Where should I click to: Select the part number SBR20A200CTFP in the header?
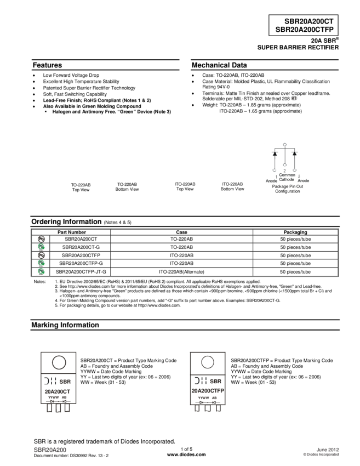click(x=304, y=30)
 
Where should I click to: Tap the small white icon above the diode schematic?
click(x=294, y=98)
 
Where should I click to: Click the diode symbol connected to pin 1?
click(x=275, y=154)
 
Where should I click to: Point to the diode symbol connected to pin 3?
click(x=294, y=154)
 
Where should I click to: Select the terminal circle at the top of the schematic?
click(x=284, y=144)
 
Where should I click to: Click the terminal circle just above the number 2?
click(x=284, y=165)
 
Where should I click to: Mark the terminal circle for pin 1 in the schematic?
click(x=275, y=171)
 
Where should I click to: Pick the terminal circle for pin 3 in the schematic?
click(x=294, y=171)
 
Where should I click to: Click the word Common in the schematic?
click(x=287, y=175)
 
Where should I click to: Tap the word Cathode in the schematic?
click(x=286, y=180)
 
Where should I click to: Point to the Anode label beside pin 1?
click(x=271, y=180)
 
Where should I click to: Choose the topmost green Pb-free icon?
click(x=41, y=247)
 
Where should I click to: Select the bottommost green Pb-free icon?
click(x=41, y=272)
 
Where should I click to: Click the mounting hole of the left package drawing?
click(x=59, y=362)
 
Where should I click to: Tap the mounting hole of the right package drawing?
click(x=208, y=362)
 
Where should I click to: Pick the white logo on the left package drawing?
click(x=50, y=380)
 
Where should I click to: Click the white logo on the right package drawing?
click(x=200, y=380)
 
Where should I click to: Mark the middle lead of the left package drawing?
click(x=58, y=408)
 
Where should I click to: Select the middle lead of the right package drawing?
click(x=208, y=408)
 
